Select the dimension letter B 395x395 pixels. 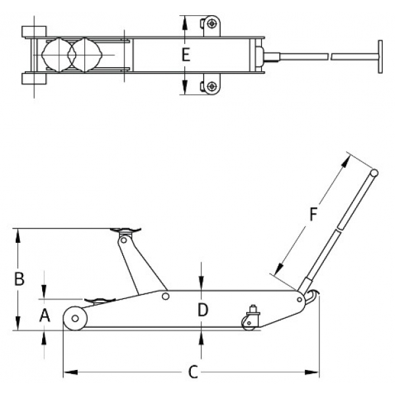[20, 279]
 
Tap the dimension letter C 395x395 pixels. [192, 373]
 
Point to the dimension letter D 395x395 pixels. [203, 309]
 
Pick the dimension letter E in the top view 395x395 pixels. [186, 55]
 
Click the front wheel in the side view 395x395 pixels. [76, 319]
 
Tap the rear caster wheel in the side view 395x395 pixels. [249, 323]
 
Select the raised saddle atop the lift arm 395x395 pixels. [125, 231]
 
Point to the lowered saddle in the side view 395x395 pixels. [98, 302]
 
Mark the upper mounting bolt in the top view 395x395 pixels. [211, 24]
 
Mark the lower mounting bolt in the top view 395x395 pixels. [211, 86]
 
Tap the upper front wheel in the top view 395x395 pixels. [34, 31]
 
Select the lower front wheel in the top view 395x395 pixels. [34, 79]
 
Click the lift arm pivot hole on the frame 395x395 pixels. [166, 297]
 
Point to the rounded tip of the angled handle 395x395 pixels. [373, 173]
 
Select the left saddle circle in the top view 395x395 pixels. [59, 55]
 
